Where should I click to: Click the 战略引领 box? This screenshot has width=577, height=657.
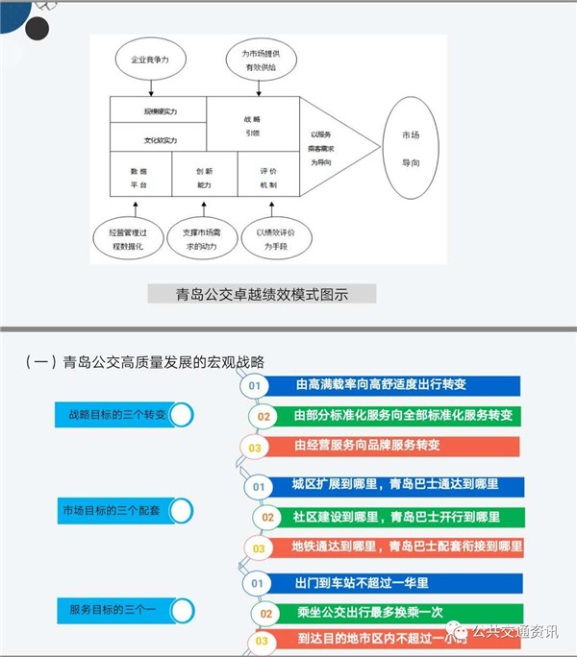pos(252,124)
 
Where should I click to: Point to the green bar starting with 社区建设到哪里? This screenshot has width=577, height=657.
pos(395,517)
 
